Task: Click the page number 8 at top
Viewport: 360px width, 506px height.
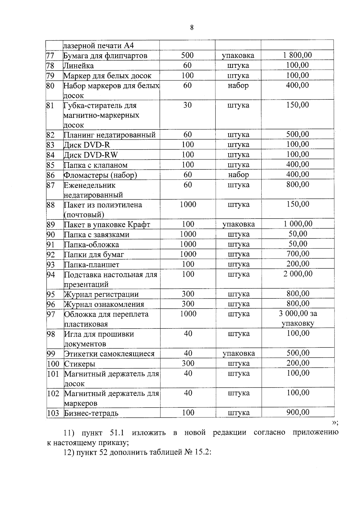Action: pyautogui.click(x=192, y=28)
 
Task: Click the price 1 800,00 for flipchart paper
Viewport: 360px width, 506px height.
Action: pyautogui.click(x=297, y=55)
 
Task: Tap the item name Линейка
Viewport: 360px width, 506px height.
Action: pyautogui.click(x=79, y=66)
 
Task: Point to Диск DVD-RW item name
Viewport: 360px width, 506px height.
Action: pyautogui.click(x=91, y=155)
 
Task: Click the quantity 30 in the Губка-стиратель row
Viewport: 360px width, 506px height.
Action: pyautogui.click(x=187, y=105)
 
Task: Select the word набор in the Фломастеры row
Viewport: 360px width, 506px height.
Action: pyautogui.click(x=238, y=175)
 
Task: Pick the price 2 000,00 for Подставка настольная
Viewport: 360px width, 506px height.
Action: pyautogui.click(x=298, y=274)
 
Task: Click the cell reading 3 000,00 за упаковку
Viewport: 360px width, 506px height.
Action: pyautogui.click(x=298, y=318)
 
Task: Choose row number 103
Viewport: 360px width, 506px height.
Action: pyautogui.click(x=53, y=413)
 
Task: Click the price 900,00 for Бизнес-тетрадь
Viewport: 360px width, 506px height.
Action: pyautogui.click(x=298, y=412)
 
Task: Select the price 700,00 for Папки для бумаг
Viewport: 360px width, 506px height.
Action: pyautogui.click(x=298, y=254)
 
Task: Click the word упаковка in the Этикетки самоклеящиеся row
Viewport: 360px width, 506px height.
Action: pyautogui.click(x=239, y=353)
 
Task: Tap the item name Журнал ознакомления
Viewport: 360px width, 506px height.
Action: pyautogui.click(x=104, y=305)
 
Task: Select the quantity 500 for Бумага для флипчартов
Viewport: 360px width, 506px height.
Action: pyautogui.click(x=187, y=55)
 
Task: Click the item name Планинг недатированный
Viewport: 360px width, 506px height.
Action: pyautogui.click(x=109, y=135)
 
